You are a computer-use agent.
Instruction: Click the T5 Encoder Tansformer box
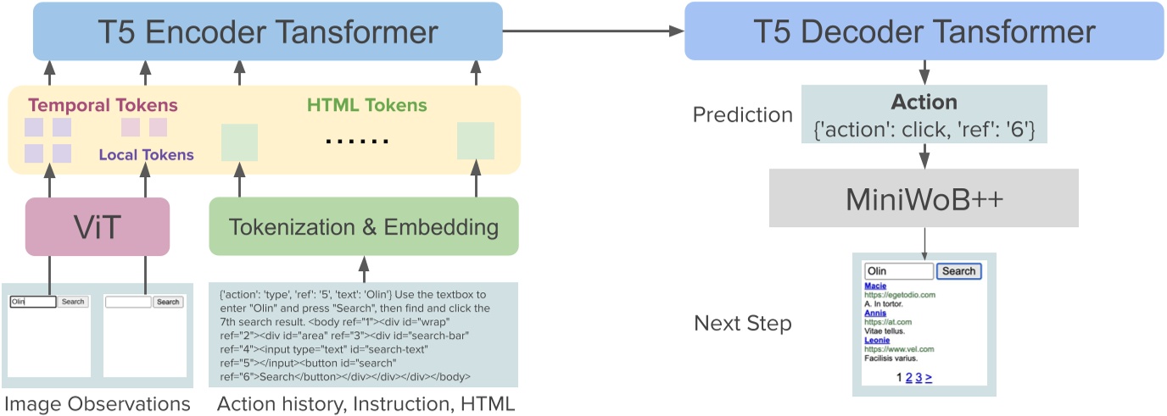267,31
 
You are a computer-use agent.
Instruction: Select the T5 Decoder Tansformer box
924,31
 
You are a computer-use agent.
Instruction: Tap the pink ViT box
98,226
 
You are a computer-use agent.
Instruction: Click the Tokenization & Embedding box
363,226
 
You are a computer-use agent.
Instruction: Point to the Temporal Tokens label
103,106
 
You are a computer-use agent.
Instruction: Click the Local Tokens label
146,154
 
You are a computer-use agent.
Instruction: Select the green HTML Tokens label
366,106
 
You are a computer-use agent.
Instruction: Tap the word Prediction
742,115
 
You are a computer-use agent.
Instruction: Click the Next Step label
743,323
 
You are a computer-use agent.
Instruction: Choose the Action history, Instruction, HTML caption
366,404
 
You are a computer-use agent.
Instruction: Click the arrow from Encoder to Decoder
594,31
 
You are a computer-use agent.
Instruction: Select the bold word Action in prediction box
924,103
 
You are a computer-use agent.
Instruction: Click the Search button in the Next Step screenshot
958,271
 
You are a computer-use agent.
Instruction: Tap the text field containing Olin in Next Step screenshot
898,271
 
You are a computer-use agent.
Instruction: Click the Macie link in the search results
876,286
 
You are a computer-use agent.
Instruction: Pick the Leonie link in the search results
878,340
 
